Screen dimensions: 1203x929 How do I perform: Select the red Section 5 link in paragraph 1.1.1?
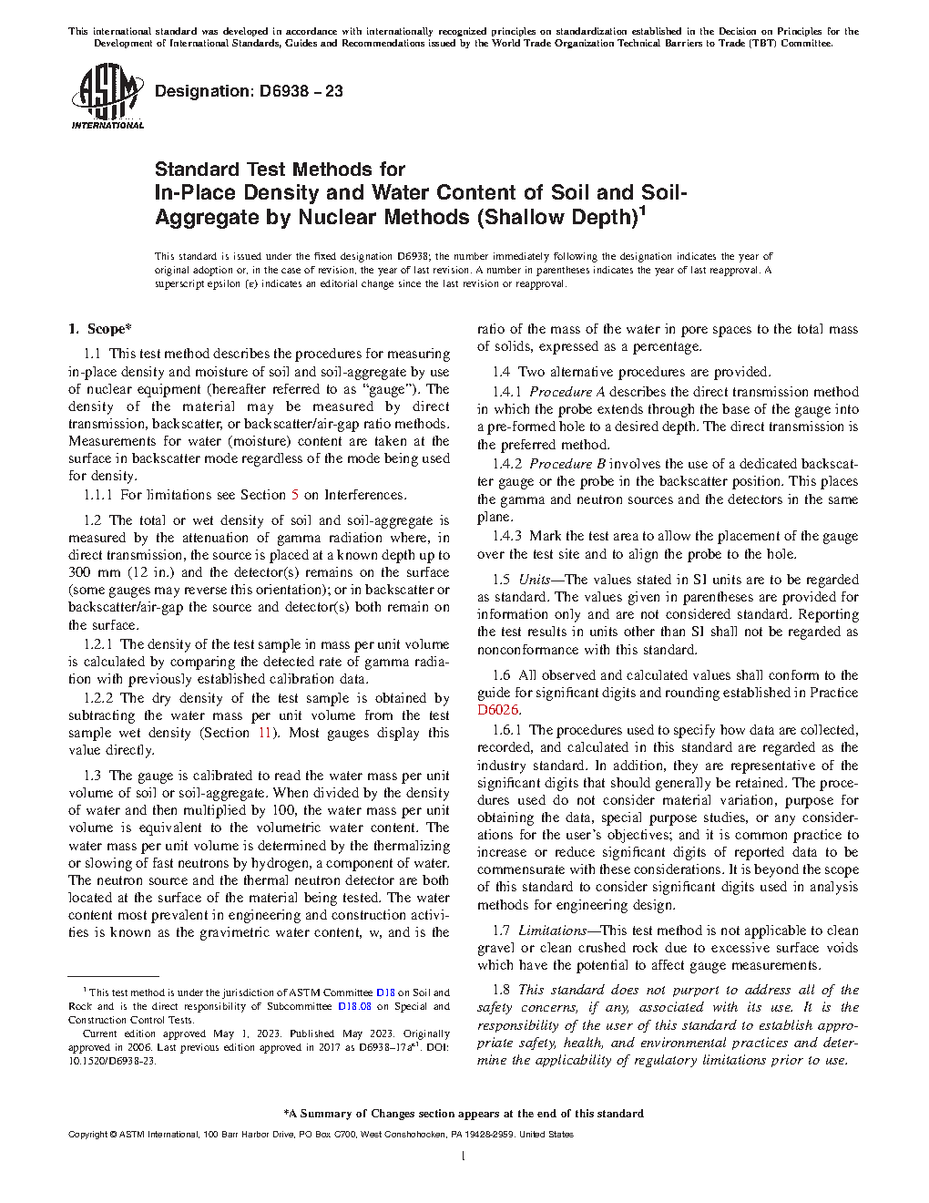(294, 495)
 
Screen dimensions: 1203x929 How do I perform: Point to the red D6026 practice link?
(498, 710)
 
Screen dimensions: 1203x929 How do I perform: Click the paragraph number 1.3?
(92, 776)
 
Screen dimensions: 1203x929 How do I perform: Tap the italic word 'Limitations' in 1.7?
(552, 931)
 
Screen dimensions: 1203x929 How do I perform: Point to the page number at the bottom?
(464, 1157)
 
